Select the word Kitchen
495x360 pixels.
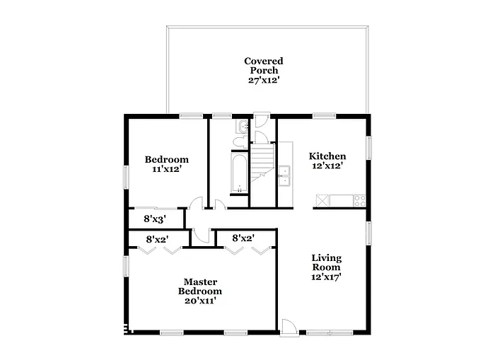(327, 156)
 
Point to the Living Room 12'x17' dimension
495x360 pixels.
(327, 277)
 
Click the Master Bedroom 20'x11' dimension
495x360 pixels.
(199, 301)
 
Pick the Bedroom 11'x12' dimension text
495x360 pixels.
(166, 170)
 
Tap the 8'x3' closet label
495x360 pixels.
(155, 219)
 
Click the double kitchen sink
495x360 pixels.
(286, 175)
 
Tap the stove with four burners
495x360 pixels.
(359, 200)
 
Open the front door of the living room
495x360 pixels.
(289, 327)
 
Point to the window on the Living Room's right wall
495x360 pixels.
(368, 233)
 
